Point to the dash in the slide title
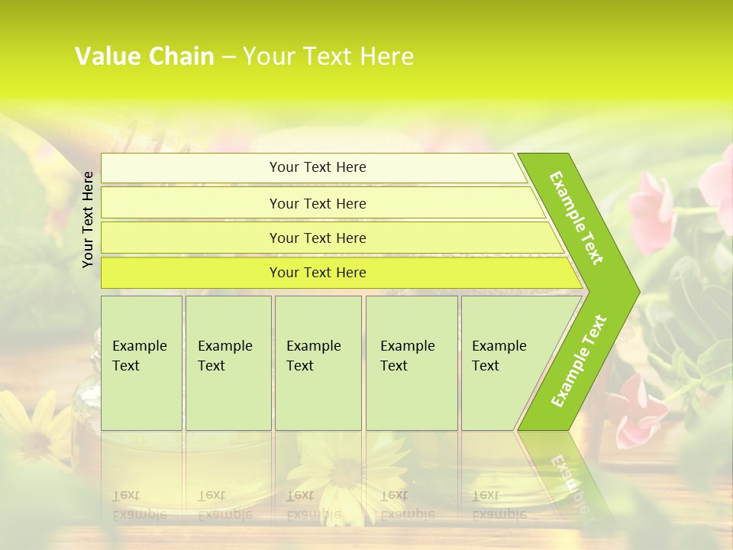coord(228,57)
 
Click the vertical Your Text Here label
coord(89,219)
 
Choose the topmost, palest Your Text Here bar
coord(318,167)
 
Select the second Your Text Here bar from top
coord(318,203)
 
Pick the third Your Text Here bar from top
coord(318,238)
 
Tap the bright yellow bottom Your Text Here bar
coord(318,273)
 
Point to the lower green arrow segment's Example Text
coord(578,361)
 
